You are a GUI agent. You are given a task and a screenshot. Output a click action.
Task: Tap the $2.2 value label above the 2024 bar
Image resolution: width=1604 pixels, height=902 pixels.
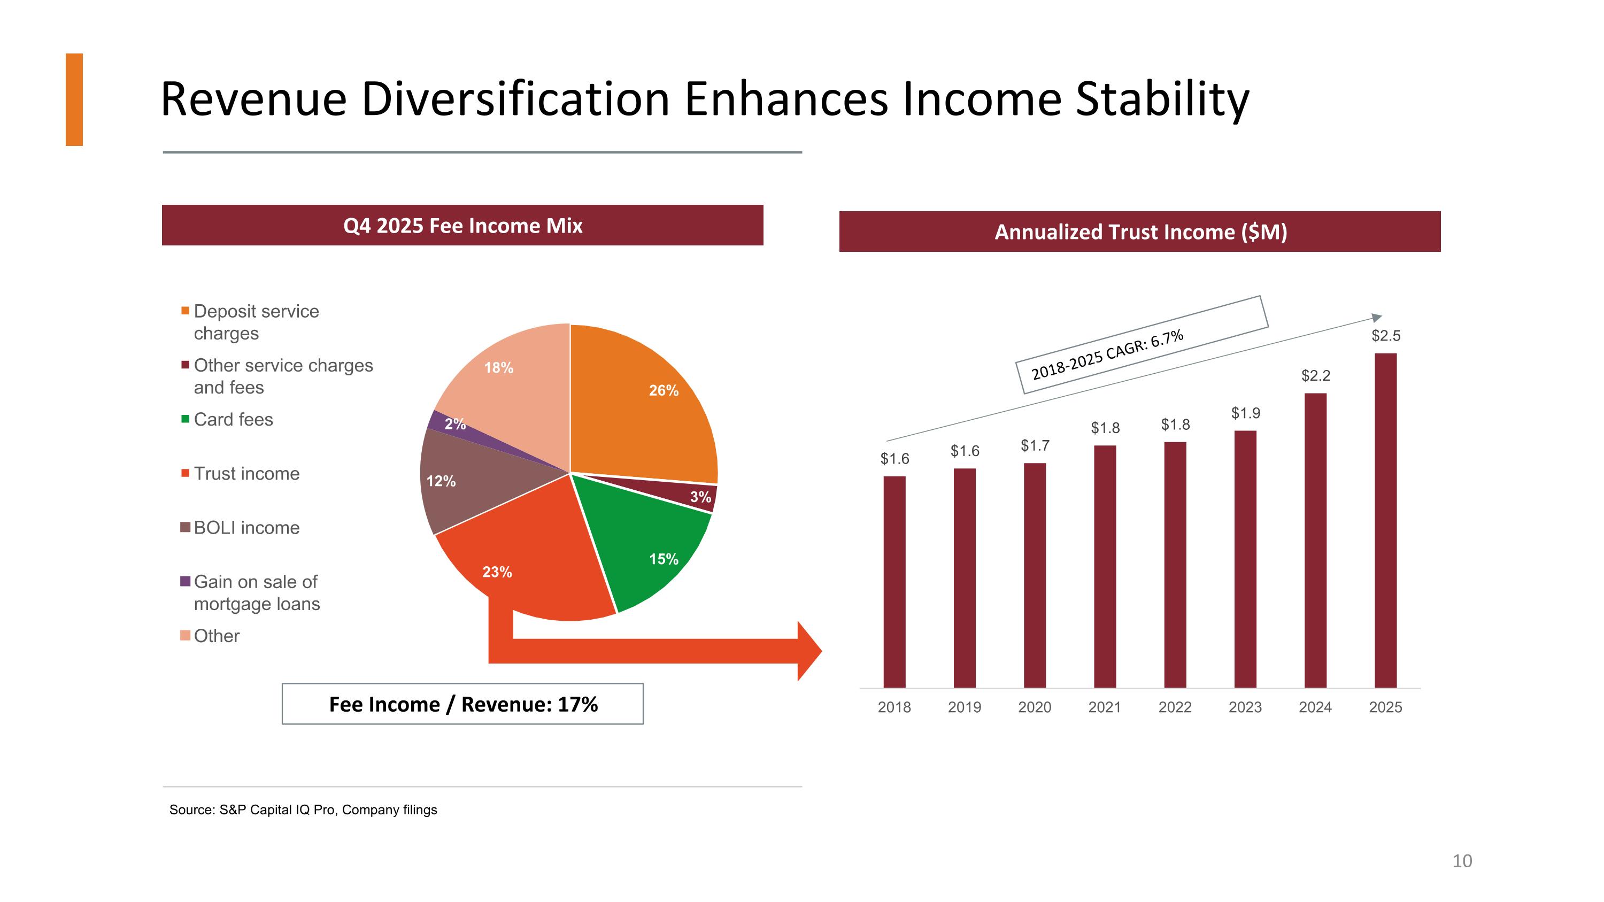pos(1315,375)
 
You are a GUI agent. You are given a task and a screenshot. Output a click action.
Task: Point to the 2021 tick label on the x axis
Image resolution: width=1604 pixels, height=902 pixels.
pos(1104,707)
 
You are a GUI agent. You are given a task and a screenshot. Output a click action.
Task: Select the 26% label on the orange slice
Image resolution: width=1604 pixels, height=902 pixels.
pos(663,390)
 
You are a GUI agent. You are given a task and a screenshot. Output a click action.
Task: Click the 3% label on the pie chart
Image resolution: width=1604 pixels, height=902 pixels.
pos(700,497)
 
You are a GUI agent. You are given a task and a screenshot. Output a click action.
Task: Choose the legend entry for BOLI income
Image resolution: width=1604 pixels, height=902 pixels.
pos(246,528)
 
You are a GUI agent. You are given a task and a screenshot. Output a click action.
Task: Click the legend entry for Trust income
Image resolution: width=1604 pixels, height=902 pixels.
pos(246,474)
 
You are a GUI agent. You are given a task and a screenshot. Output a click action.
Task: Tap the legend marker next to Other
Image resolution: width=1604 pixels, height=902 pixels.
pos(185,636)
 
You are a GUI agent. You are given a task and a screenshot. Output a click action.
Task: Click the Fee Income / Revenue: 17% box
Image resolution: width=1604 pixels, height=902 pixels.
pos(462,704)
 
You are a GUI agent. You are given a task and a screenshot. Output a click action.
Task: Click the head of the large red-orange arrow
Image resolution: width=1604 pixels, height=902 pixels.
pos(809,651)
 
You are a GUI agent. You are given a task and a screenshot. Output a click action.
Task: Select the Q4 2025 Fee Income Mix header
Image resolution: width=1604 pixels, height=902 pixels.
pos(462,225)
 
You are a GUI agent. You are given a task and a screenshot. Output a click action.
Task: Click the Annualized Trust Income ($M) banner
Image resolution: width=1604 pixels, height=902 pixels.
pos(1139,232)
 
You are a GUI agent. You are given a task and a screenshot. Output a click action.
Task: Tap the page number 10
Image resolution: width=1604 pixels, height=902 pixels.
pos(1461,861)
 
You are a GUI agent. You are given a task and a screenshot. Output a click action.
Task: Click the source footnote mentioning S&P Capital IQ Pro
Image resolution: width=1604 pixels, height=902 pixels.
pos(303,810)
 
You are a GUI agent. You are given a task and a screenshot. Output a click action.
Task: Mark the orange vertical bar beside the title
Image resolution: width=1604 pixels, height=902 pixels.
pos(74,99)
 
